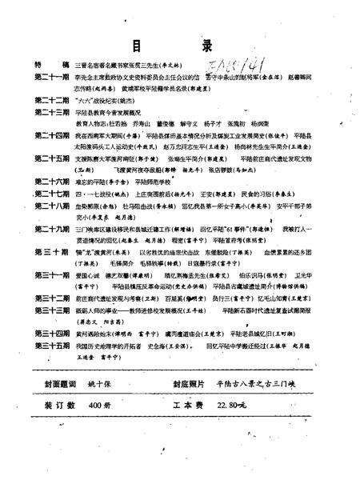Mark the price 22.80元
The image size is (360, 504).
(x=254, y=428)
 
